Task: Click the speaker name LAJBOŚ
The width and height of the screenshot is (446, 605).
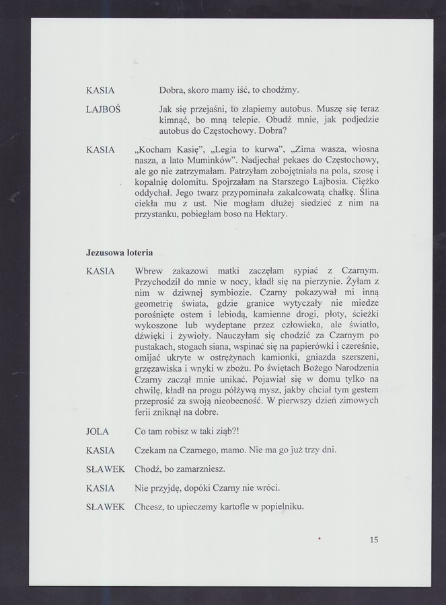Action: click(103, 109)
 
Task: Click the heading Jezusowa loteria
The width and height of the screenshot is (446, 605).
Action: click(119, 253)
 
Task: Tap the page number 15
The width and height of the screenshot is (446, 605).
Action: click(374, 540)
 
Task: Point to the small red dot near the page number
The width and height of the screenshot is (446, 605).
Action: click(321, 538)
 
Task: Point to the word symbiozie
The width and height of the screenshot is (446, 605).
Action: click(227, 292)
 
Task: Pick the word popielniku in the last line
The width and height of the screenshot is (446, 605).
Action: click(279, 506)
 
